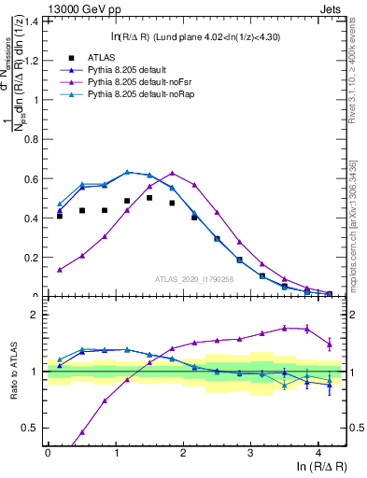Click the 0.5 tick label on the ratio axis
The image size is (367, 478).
(33, 428)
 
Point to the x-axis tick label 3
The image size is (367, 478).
(250, 451)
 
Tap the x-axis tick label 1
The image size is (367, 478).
(115, 451)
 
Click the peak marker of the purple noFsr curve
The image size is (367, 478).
(172, 173)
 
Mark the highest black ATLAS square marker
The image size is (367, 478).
(149, 198)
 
